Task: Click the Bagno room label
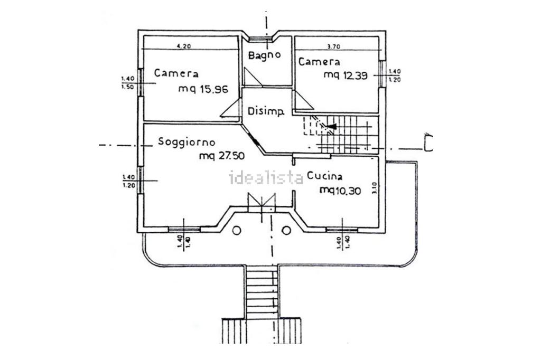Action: (264, 55)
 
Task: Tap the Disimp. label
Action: (266, 111)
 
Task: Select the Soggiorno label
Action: (186, 141)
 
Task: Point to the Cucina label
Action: (324, 176)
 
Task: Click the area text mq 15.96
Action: (203, 89)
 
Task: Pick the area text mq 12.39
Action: (345, 75)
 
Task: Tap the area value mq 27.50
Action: (221, 156)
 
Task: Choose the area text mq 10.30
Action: (340, 190)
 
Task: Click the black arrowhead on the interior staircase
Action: (331, 127)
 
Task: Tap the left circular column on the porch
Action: (236, 230)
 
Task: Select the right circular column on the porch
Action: (286, 230)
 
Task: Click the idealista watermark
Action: (266, 177)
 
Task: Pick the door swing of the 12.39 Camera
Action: (303, 100)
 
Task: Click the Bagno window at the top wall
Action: (261, 39)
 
